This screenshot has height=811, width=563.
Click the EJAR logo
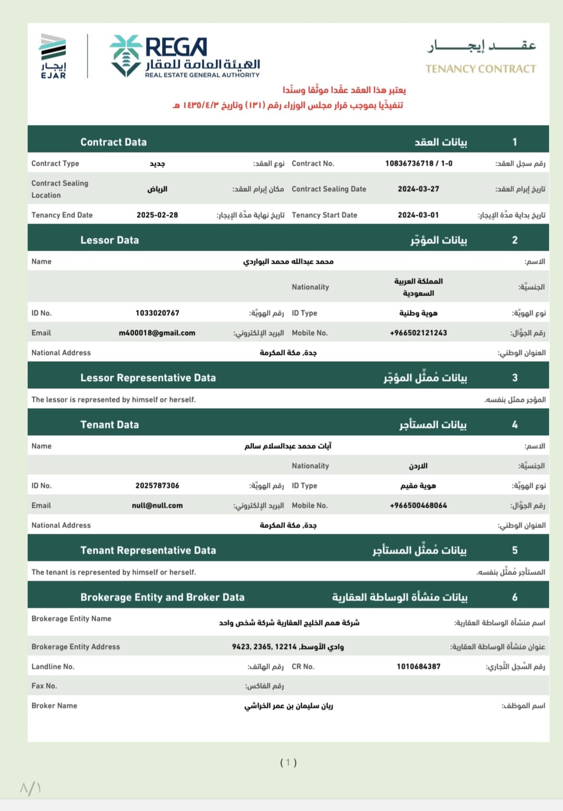(x=53, y=56)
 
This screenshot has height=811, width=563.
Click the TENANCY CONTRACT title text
(x=480, y=69)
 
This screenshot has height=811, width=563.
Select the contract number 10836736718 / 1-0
(x=419, y=163)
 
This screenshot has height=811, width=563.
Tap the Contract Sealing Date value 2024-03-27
(x=418, y=189)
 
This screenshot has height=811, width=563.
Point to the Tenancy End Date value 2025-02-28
(x=157, y=215)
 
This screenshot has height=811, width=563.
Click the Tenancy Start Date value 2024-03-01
(x=418, y=215)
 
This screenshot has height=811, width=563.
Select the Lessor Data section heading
(x=109, y=240)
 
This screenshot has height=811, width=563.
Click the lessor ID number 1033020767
(x=157, y=313)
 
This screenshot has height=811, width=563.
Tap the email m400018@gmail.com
(x=157, y=333)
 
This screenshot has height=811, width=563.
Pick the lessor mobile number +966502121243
(x=418, y=333)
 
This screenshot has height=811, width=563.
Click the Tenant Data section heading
(x=109, y=425)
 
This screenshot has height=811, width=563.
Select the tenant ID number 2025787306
(x=157, y=485)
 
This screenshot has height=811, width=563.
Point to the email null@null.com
(x=157, y=505)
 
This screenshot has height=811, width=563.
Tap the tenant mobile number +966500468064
(x=418, y=505)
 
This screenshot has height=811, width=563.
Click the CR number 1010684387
(x=418, y=666)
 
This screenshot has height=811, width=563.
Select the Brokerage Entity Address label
(x=76, y=646)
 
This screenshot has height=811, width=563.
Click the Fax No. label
(x=44, y=686)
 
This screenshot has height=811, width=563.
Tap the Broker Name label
(x=54, y=705)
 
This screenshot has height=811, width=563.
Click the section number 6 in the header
(x=515, y=597)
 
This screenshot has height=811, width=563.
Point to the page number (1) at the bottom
(x=288, y=763)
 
